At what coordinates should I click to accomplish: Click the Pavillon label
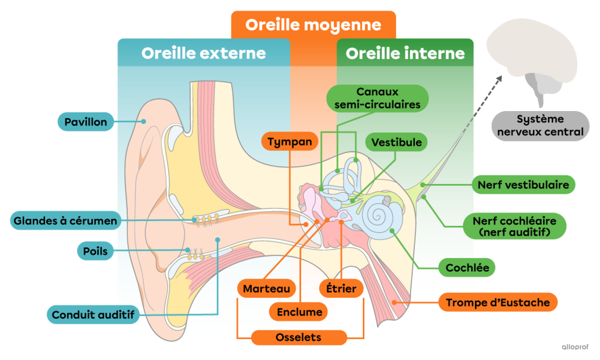[86, 122]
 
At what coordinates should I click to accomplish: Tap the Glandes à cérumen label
[66, 221]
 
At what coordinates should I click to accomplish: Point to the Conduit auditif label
[93, 315]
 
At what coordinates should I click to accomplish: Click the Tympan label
[289, 142]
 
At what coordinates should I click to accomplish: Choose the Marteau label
[267, 288]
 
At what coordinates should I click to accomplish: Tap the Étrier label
[341, 288]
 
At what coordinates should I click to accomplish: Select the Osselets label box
[298, 337]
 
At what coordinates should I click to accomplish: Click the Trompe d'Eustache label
[498, 302]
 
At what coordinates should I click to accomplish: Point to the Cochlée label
[467, 268]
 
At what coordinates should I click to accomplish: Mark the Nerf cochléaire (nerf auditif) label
[514, 226]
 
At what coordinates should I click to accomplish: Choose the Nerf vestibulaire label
[523, 184]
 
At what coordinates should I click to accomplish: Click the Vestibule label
[397, 142]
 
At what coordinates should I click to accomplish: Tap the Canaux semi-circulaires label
[377, 98]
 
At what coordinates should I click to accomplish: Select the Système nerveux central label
[540, 126]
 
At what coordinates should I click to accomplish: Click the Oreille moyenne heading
[313, 25]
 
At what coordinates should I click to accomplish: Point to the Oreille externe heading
[203, 53]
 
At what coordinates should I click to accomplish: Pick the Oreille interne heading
[405, 53]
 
